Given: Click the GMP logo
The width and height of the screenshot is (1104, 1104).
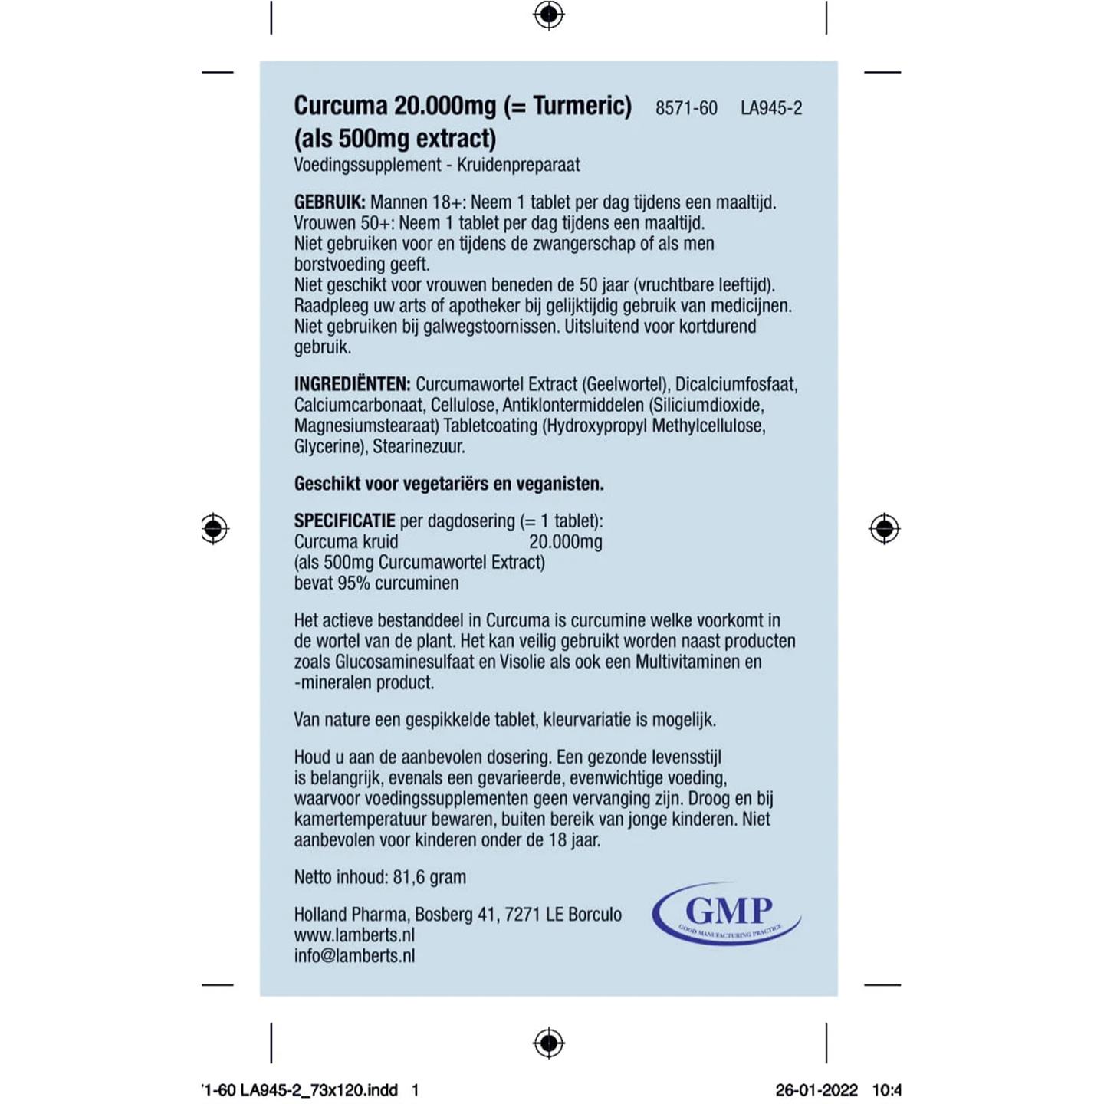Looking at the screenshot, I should [x=726, y=913].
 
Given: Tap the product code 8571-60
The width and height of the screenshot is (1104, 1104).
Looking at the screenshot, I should [x=686, y=108].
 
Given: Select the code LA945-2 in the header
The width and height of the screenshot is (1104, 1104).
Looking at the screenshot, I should [x=771, y=108].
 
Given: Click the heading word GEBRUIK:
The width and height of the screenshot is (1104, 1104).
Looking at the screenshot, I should [x=330, y=202].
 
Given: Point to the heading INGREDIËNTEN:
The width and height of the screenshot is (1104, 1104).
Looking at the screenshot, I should [x=352, y=384].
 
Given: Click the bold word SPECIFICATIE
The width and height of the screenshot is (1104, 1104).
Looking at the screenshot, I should [x=344, y=521].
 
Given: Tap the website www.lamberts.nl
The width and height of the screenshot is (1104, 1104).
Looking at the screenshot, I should [x=354, y=935].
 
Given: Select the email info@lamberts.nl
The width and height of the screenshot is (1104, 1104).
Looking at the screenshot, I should [x=354, y=956].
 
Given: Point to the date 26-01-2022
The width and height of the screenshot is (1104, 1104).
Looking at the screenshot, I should [x=816, y=1090].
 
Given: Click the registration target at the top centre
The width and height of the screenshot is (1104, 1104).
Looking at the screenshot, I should [x=549, y=15].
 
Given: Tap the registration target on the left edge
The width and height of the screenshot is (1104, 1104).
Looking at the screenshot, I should [x=215, y=529].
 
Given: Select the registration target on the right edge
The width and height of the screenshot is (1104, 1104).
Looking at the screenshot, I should [x=884, y=529].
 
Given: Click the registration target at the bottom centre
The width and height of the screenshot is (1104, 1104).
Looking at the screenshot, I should [x=549, y=1043].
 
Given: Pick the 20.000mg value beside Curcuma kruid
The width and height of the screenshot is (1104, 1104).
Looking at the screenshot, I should [x=565, y=542].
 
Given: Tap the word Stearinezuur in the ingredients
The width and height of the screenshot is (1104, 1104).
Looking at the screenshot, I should [x=419, y=446].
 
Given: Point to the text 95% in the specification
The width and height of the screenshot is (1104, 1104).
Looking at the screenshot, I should [x=354, y=583].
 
